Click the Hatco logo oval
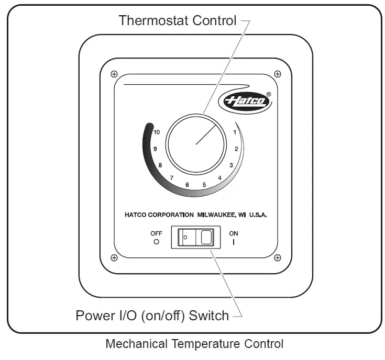click(247, 101)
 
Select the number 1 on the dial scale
click(234, 132)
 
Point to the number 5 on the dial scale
click(204, 184)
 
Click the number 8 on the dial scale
click(160, 165)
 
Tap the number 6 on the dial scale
click(187, 185)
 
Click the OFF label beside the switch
click(156, 233)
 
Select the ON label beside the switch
click(234, 233)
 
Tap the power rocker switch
click(196, 237)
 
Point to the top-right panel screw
click(277, 74)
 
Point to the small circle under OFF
click(156, 242)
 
